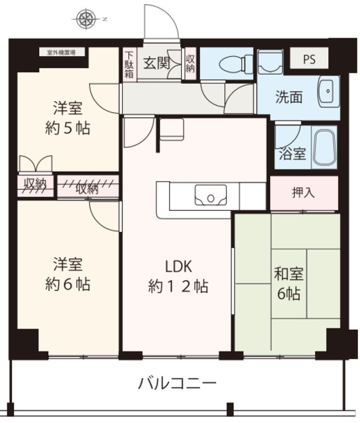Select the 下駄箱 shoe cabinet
(129, 64)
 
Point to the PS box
(309, 59)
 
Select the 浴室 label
(292, 154)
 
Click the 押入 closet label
(303, 193)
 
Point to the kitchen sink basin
(211, 196)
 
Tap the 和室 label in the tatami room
(287, 273)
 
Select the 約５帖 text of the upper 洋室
(68, 128)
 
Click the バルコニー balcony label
(178, 383)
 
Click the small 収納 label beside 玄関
(190, 64)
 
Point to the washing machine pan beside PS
(270, 64)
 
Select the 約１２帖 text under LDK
(178, 287)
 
